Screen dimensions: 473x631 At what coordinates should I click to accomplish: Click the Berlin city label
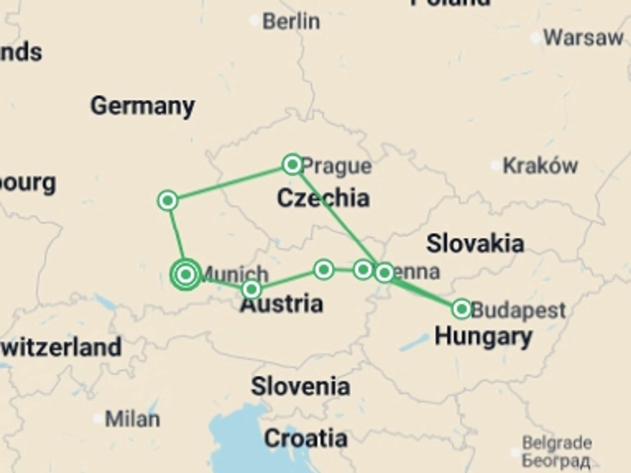tap(291, 22)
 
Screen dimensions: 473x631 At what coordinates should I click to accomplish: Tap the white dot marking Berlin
tap(254, 20)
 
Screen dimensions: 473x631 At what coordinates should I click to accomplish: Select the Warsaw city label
tap(583, 38)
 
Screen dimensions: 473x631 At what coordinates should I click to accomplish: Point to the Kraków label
tap(540, 165)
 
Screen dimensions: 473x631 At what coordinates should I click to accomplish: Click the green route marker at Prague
tap(292, 164)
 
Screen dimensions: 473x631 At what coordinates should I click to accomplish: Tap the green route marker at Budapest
tap(462, 309)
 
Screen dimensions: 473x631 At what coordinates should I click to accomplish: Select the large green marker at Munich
tap(186, 274)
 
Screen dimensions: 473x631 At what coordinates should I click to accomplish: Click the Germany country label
tap(143, 106)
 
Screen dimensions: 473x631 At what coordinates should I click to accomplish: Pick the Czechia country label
tap(323, 198)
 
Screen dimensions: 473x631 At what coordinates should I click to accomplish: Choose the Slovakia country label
tap(475, 244)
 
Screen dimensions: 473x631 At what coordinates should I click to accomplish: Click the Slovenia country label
tap(300, 386)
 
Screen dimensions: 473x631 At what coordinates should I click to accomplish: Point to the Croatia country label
tap(306, 439)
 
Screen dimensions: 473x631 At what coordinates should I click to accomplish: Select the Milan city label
tap(132, 419)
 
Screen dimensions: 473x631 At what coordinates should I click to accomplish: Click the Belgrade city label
tap(557, 443)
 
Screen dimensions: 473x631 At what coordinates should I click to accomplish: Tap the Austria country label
tap(282, 304)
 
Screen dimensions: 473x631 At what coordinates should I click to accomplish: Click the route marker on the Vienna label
tap(384, 273)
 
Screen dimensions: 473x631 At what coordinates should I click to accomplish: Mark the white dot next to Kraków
tap(495, 165)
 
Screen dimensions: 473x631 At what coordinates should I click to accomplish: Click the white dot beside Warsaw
tap(535, 38)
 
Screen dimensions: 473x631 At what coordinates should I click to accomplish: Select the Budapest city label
tap(518, 310)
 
